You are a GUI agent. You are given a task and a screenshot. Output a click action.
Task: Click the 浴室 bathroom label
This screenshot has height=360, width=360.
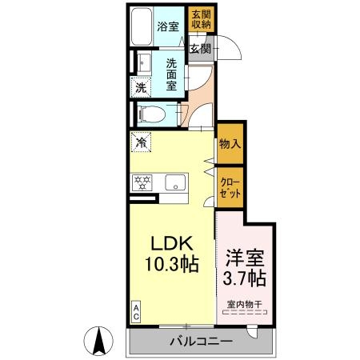[x=168, y=26]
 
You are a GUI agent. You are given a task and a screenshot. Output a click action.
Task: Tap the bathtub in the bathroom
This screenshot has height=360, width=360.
[x=142, y=26]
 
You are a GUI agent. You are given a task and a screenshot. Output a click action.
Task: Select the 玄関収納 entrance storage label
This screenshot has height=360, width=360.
[x=202, y=19]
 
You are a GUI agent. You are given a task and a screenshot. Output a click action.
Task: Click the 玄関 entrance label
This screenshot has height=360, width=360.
[x=200, y=49]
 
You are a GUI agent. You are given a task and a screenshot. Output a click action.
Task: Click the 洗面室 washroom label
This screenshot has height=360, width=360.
[x=171, y=74]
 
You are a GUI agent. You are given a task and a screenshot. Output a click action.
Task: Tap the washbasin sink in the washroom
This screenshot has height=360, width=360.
[x=144, y=63]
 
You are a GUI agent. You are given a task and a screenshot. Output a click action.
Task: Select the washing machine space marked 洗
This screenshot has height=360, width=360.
[x=141, y=87]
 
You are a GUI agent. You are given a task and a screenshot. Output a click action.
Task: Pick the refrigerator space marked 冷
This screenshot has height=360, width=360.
[x=141, y=142]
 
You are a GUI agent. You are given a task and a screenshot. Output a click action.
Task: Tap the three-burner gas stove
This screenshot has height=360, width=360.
[x=142, y=182]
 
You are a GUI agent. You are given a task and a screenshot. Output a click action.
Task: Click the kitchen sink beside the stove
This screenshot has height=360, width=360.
[x=175, y=182]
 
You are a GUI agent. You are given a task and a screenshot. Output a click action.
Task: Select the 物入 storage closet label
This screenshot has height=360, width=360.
[x=230, y=144]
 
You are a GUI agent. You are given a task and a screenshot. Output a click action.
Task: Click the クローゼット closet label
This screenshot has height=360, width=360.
[x=230, y=188]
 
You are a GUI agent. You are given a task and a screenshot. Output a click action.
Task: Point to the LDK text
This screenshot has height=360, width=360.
[x=172, y=243]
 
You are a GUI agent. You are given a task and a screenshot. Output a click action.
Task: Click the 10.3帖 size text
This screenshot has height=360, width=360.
[x=172, y=264]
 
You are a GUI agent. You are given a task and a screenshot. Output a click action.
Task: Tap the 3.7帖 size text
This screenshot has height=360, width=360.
[x=244, y=278]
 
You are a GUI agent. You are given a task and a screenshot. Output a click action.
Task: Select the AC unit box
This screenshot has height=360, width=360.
[x=136, y=312]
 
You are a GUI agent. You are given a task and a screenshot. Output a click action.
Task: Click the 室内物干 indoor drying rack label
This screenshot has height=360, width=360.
[x=245, y=304]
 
